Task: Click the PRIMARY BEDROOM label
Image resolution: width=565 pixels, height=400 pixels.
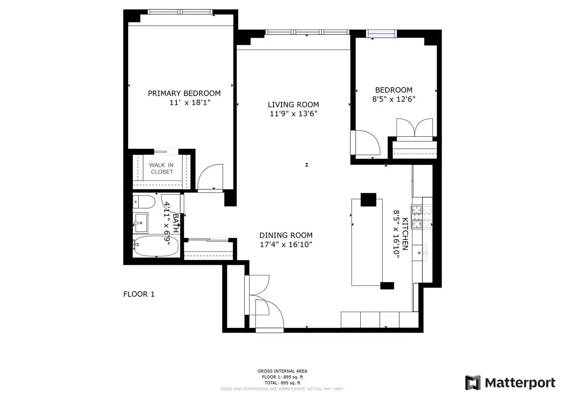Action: coord(184,93)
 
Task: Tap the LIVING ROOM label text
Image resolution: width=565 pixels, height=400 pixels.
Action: coord(293,105)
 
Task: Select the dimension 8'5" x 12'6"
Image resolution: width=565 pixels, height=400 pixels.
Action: coord(394,99)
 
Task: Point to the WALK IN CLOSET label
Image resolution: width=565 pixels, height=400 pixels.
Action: coord(161,168)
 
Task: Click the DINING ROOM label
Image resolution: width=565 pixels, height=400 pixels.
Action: coord(286,236)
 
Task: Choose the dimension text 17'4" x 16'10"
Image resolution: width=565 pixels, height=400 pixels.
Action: coord(286,244)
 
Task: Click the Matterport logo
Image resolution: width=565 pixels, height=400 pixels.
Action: coord(510,383)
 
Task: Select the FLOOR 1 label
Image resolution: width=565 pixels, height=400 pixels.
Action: coord(139,294)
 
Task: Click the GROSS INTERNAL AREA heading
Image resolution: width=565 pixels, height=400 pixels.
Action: coord(282,371)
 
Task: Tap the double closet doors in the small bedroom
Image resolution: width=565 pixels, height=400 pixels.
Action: coord(415,128)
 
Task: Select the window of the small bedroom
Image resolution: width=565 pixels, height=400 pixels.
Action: coord(382,33)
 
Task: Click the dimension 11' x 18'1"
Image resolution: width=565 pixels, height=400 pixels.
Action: coord(190,102)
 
